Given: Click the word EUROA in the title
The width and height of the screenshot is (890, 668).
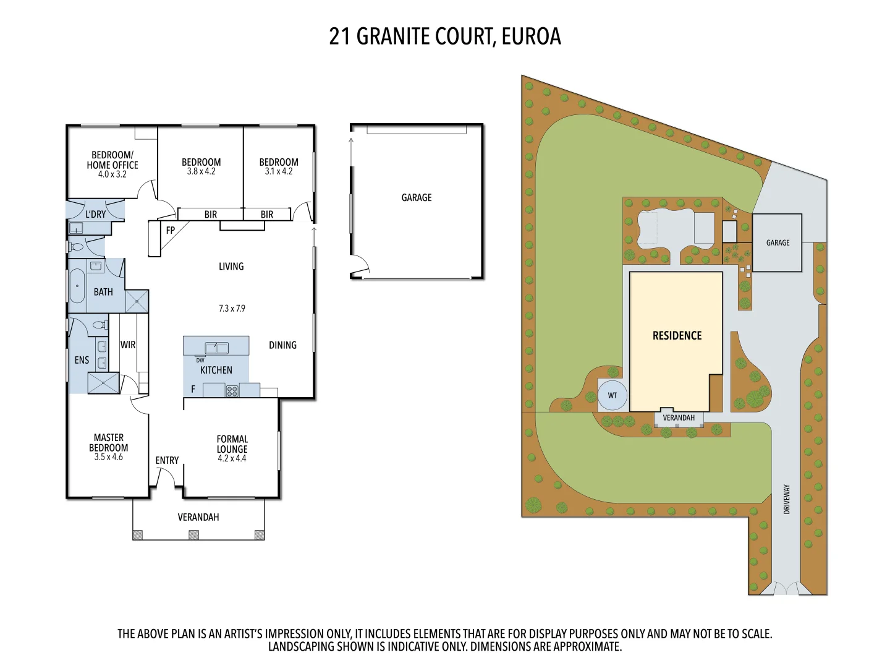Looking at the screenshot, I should point(531,36).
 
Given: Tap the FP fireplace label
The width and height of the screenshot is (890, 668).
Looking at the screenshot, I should point(171,230).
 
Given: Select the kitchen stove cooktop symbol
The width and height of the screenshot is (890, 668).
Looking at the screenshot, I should point(232,391).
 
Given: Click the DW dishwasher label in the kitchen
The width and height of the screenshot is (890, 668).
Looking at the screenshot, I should point(200,360).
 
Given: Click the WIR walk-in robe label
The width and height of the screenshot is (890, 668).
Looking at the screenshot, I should point(128,345).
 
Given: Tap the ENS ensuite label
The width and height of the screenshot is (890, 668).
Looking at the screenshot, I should point(82,360).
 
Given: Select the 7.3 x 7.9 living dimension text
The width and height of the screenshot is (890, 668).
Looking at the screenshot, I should point(232,308).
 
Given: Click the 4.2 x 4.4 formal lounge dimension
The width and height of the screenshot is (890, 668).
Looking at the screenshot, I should point(232,458).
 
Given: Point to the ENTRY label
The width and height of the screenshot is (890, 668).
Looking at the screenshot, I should point(167,460).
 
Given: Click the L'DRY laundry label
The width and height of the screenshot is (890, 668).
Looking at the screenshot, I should point(95,214).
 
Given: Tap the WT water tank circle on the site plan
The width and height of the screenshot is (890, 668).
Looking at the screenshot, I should point(612,395).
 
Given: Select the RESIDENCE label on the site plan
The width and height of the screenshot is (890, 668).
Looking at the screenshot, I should point(677,336).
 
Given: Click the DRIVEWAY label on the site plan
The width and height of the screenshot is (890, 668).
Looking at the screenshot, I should point(787,499).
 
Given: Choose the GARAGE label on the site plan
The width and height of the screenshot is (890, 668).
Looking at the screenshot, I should point(778,242).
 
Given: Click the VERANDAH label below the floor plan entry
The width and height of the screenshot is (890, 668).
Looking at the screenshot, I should point(198,517).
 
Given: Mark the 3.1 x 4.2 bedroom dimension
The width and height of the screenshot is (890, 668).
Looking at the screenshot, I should point(279,171).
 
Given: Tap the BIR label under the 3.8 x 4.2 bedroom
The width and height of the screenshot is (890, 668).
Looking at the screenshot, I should point(211,215).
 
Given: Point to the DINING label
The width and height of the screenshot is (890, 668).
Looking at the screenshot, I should point(282,345).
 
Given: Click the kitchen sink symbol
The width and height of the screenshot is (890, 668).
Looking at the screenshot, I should point(216,348).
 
